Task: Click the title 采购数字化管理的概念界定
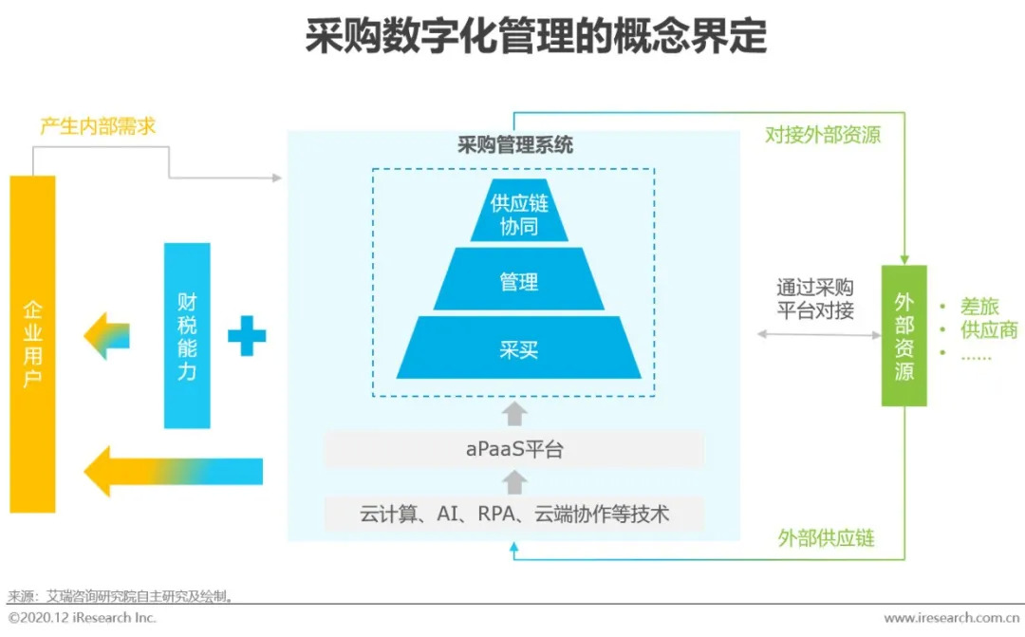(536, 36)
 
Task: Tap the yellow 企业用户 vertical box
(32, 344)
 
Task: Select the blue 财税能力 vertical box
(187, 335)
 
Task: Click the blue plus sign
(247, 335)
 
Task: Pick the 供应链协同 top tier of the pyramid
(519, 211)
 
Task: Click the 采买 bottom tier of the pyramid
(519, 347)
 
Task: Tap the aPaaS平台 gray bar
(514, 449)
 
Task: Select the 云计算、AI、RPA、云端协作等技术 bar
(514, 514)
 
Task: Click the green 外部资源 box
(904, 335)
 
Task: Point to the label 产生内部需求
(98, 126)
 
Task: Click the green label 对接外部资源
(823, 135)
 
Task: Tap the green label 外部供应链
(827, 538)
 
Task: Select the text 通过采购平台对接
(815, 298)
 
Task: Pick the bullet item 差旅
(979, 306)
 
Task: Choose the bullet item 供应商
(989, 329)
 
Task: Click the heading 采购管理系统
(515, 144)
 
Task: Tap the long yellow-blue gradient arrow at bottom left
(174, 471)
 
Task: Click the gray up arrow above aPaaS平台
(514, 414)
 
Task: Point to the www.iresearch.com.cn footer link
(951, 618)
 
